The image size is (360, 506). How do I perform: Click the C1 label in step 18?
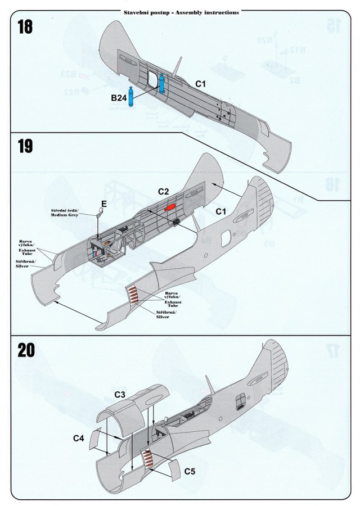tap(201, 83)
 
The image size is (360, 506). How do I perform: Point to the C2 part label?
tap(164, 192)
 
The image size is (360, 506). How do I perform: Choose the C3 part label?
tap(119, 395)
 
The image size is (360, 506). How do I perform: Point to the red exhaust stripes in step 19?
tap(135, 293)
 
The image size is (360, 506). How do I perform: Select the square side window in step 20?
tap(240, 401)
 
